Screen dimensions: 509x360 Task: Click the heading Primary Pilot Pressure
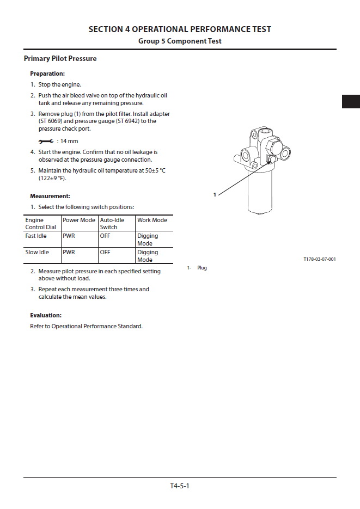tap(60, 59)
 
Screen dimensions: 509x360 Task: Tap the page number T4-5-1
tap(179, 486)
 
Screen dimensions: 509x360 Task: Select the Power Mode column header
tap(79, 220)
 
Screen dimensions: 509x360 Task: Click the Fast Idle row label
tap(36, 236)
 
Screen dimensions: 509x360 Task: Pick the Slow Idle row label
tap(37, 253)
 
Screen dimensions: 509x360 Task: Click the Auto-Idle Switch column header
tap(112, 224)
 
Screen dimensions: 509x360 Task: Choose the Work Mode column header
tap(152, 220)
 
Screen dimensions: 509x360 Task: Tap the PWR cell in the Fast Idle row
tap(69, 236)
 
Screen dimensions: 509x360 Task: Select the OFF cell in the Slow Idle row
tap(105, 253)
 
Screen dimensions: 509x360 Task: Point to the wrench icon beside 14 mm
tap(46, 142)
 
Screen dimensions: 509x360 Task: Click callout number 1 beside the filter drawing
tap(215, 194)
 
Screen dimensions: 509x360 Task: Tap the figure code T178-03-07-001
tap(319, 259)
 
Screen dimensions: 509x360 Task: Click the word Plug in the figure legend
tap(202, 268)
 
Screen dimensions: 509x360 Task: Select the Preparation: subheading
tap(47, 73)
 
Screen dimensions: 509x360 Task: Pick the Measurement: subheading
tap(50, 196)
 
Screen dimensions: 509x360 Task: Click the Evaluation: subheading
tap(46, 315)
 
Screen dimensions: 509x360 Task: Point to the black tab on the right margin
tap(351, 101)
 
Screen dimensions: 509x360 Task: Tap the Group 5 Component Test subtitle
tap(180, 41)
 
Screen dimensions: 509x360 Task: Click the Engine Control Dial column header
tap(40, 224)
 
